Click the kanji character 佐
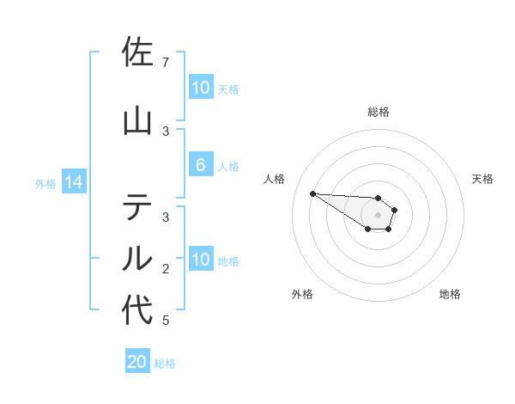coord(137,52)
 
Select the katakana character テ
coord(137,207)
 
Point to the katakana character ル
coord(137,257)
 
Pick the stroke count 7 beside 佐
coord(165,63)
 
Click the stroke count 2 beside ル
coord(165,269)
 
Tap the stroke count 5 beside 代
coord(165,321)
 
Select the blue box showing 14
coord(73,182)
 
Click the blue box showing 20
coord(137,362)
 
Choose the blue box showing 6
coord(200,166)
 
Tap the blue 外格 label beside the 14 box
coord(45,183)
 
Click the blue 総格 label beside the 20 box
coord(165,364)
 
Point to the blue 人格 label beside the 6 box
coord(228,167)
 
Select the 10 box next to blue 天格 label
coord(200,88)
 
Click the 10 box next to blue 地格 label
coord(200,260)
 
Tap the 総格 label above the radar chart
coord(378,112)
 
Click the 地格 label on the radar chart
coord(450,294)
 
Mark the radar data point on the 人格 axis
coord(312,193)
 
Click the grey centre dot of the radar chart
coord(378,215)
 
